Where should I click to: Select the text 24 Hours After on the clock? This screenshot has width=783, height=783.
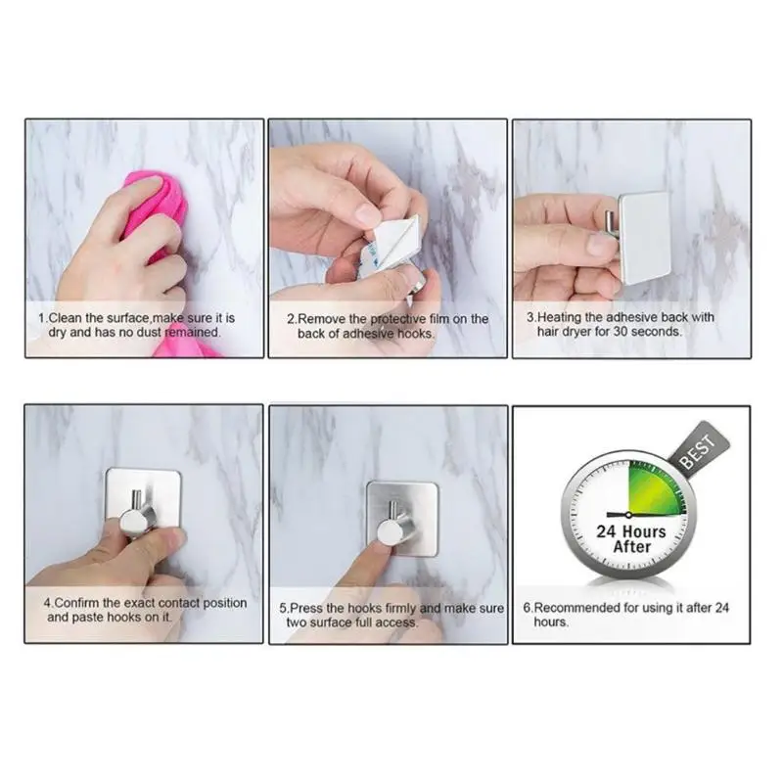(631, 539)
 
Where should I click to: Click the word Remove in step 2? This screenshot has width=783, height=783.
(322, 319)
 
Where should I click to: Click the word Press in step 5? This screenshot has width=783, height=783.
(307, 609)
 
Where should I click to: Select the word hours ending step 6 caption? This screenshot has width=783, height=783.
(550, 622)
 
